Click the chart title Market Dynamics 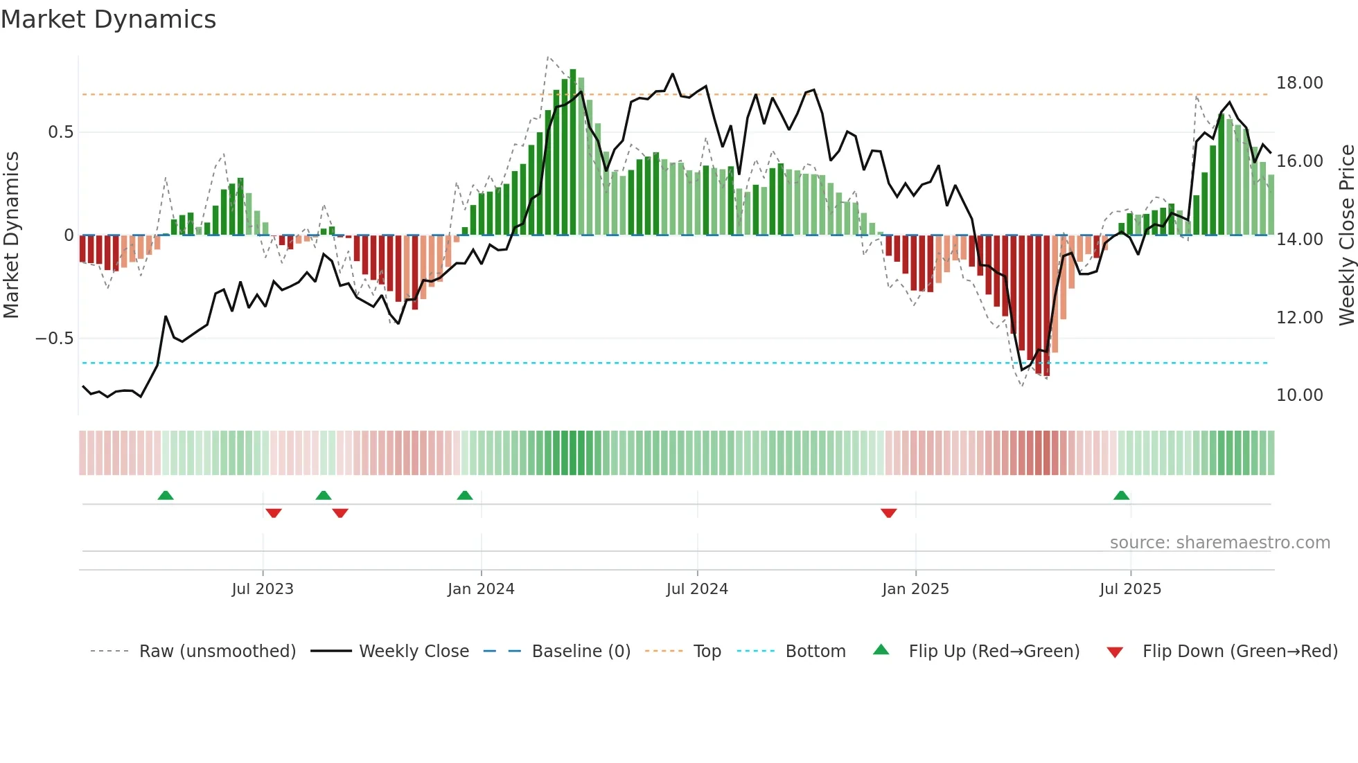pos(108,19)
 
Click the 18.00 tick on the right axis pos(1299,83)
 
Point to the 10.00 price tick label pos(1299,395)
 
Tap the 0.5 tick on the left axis pos(60,132)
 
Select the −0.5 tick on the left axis pos(55,339)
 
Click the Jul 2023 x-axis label pos(263,589)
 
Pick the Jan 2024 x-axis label pos(481,589)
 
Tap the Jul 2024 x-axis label pos(697,589)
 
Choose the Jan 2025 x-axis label pos(915,589)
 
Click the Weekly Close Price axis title pos(1346,235)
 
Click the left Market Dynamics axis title pos(11,235)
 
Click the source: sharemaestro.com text pos(1219,543)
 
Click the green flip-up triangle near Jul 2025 pos(1121,495)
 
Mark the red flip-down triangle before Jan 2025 pos(889,513)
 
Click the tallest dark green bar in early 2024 pos(573,152)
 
